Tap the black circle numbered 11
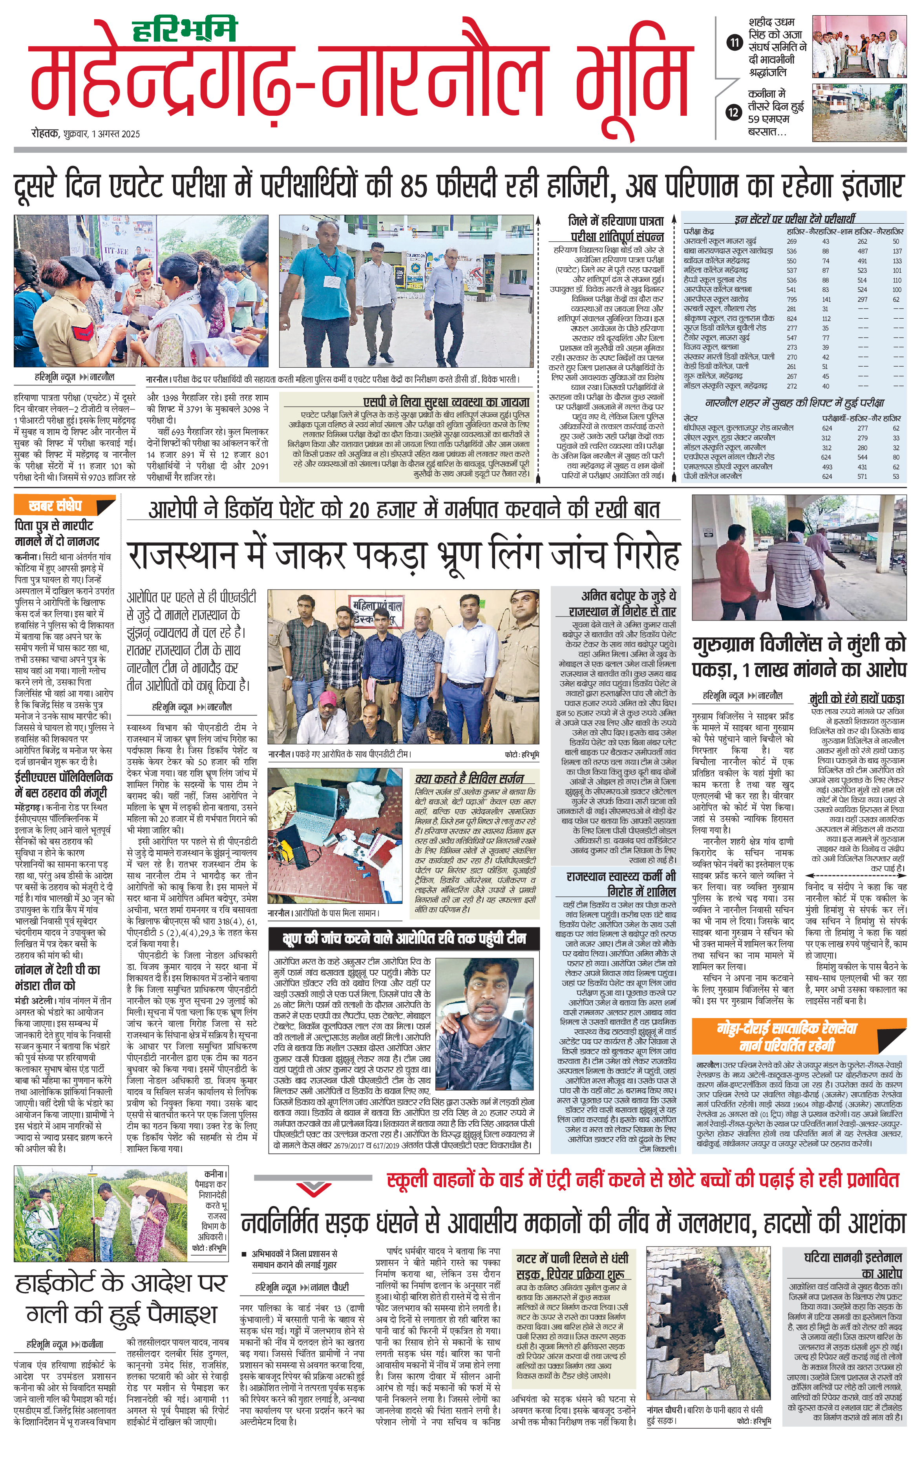734,42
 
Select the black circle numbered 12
734,111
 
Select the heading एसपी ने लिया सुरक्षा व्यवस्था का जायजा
446,401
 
